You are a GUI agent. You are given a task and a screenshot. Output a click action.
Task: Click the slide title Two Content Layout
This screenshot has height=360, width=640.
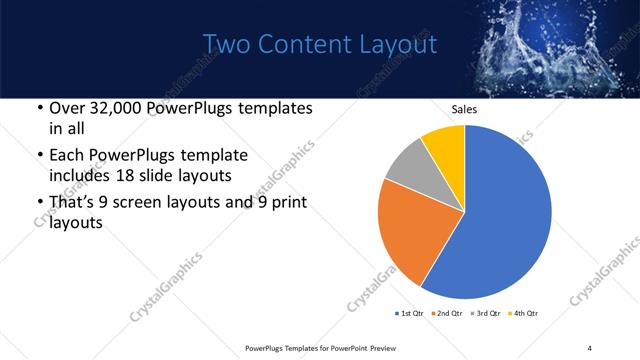pos(320,45)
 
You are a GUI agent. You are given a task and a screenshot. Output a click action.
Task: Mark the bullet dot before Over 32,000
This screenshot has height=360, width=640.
pos(38,108)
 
